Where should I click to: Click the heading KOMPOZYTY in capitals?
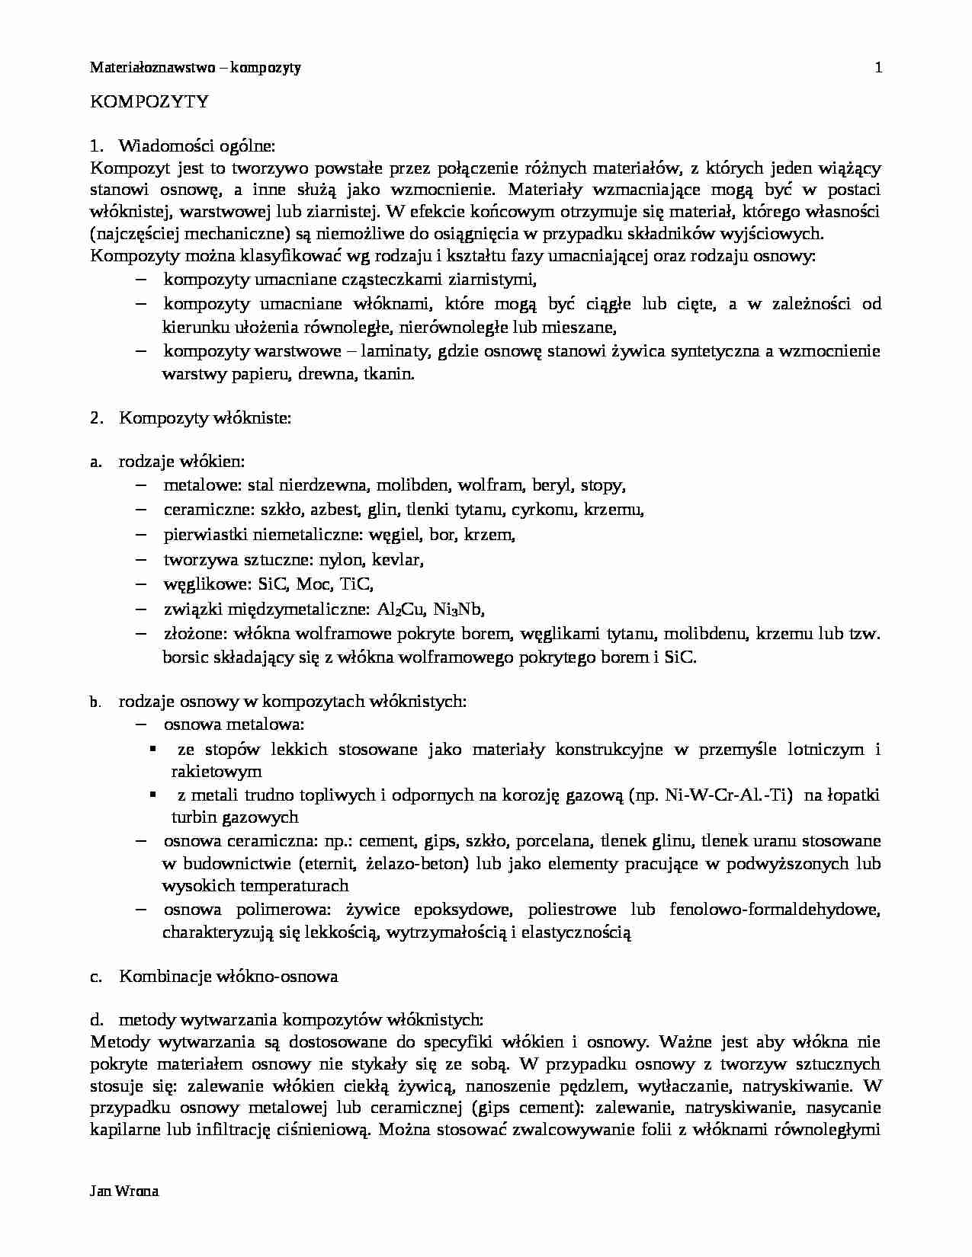pos(149,101)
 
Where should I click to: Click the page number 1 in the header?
pos(878,68)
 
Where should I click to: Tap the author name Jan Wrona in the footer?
pos(124,1191)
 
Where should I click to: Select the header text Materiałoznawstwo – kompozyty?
pos(195,68)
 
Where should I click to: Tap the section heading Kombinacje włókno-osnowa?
pos(228,976)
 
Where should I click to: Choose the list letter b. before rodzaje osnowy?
pos(95,702)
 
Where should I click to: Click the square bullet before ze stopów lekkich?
pos(154,750)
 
